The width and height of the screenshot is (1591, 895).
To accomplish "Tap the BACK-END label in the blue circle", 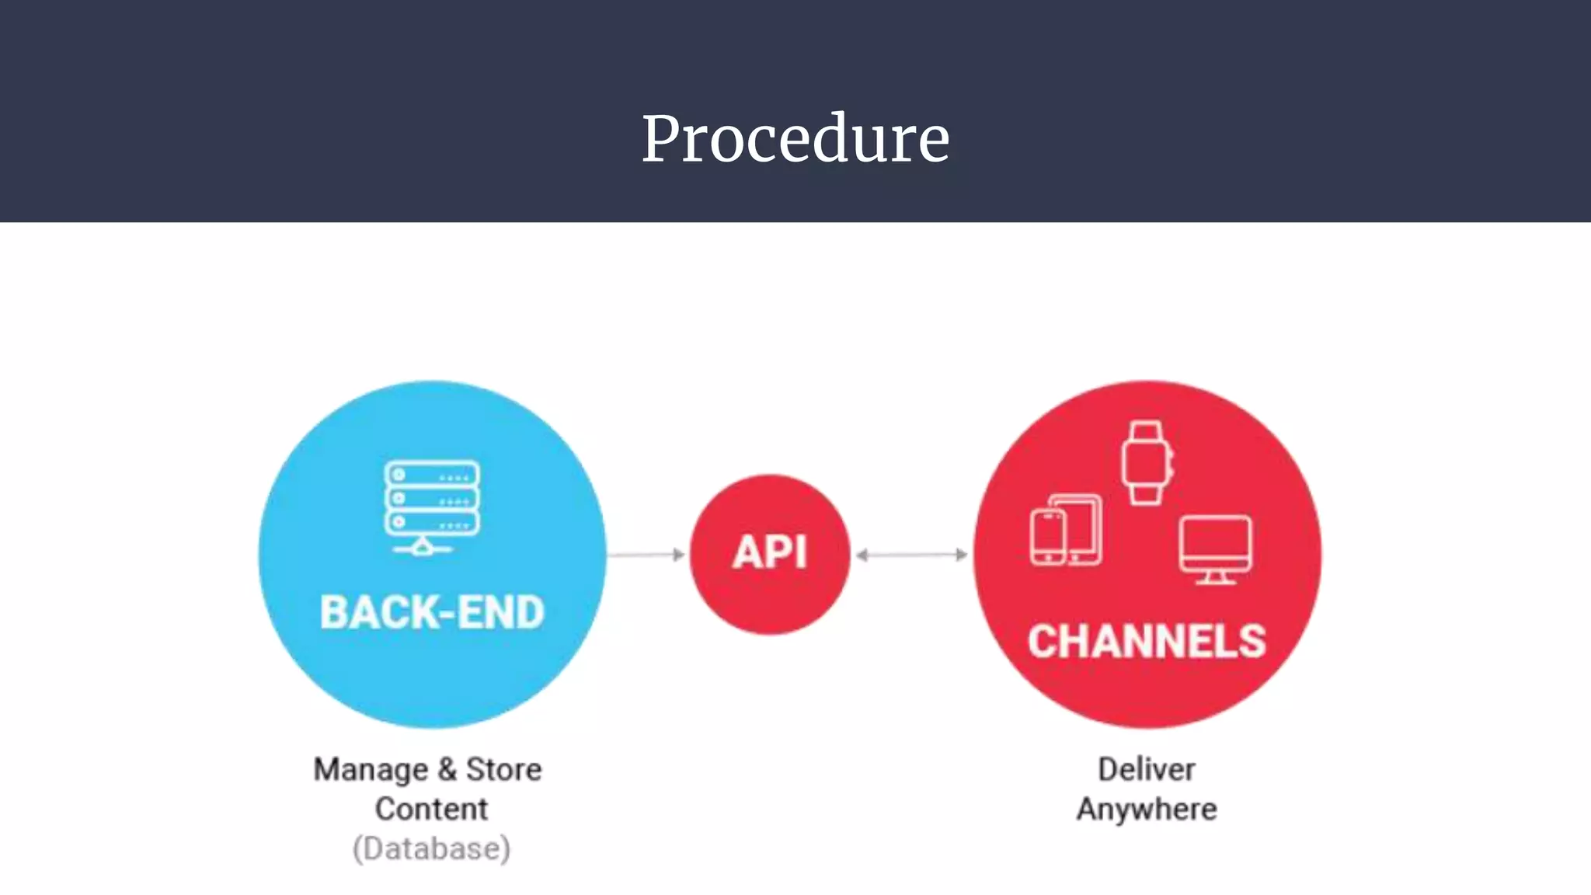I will click(432, 612).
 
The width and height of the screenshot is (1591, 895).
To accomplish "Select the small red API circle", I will click(770, 554).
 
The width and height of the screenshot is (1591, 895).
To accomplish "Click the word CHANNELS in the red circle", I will click(1147, 642).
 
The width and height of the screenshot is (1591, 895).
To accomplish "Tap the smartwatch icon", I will click(1147, 463).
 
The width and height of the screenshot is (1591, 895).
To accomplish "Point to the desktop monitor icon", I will click(1216, 548).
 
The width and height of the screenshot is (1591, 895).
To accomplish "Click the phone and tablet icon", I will click(1066, 530).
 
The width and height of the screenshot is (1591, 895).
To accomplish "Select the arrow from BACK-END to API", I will click(646, 555).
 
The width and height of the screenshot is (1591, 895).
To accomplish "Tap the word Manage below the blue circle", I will click(371, 770).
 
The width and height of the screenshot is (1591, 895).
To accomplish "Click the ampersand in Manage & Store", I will click(447, 769).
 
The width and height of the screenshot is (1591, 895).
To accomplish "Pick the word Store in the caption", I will click(503, 769).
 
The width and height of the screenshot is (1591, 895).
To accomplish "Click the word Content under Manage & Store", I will click(431, 809).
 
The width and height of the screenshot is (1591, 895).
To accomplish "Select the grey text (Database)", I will click(431, 848).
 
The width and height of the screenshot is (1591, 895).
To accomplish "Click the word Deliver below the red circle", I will click(1147, 769).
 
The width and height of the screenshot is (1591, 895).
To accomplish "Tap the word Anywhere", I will click(1147, 809).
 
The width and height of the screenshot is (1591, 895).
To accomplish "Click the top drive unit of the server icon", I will click(432, 475).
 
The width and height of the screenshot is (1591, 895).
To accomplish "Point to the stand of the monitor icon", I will click(1216, 578).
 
